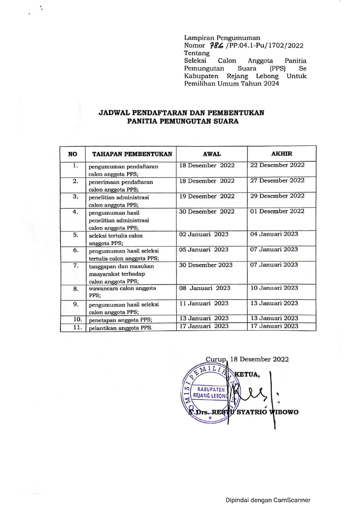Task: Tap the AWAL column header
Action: pos(212,154)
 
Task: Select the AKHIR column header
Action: pos(282,153)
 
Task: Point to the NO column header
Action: pos(73,154)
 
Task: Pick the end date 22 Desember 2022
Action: pos(277,165)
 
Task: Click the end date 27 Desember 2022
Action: pos(277,180)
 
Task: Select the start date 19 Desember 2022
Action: pos(207,196)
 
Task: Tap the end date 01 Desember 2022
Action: pos(277,211)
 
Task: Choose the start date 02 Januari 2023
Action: pos(204,234)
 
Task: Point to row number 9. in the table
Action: pos(76,304)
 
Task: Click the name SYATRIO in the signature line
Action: pos(253,412)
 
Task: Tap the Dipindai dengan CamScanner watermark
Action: pos(268,500)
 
